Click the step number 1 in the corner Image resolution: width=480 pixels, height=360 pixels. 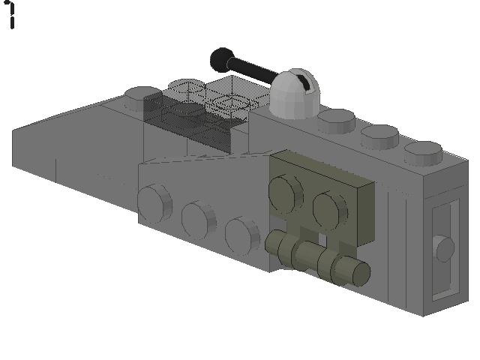(x=11, y=14)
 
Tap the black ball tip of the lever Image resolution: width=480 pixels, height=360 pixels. (x=221, y=58)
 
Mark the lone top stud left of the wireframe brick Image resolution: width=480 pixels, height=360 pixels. (x=142, y=94)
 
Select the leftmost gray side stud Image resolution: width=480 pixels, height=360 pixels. (x=153, y=201)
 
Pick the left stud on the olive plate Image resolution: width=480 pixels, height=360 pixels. (x=286, y=190)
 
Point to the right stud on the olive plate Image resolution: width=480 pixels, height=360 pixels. (x=329, y=207)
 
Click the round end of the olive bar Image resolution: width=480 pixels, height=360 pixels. (x=359, y=274)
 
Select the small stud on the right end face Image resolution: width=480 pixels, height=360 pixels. (x=444, y=248)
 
